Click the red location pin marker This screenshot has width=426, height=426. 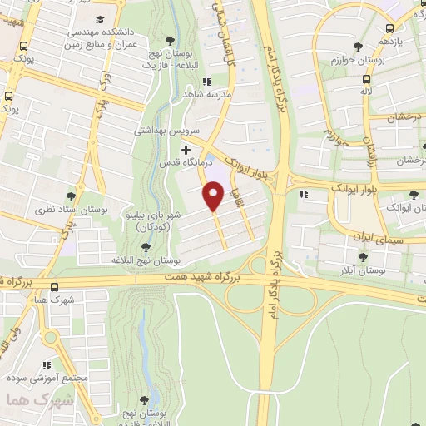(214, 196)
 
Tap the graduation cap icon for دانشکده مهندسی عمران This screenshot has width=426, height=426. (100, 19)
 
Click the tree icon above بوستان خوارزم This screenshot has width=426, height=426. (358, 47)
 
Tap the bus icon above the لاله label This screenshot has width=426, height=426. (366, 81)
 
